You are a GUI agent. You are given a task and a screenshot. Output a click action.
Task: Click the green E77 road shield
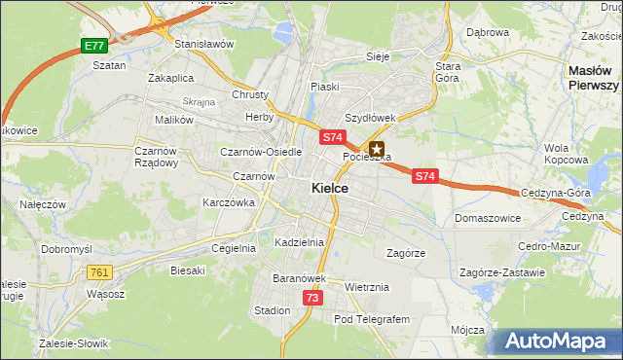pos(93,46)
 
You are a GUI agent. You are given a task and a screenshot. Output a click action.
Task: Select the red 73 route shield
pos(311,298)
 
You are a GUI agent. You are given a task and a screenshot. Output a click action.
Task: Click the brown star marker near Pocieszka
pos(377,150)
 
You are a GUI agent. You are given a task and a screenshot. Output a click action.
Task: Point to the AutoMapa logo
pos(558,341)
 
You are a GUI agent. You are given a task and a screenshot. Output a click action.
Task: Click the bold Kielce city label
pos(331,189)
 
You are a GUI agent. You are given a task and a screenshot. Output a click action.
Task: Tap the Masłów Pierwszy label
pos(595,78)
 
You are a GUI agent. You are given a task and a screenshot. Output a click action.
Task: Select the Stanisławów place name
pos(204,45)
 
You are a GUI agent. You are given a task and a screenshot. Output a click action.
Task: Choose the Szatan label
pos(109,65)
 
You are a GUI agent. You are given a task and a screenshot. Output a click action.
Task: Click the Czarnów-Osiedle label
pos(261,153)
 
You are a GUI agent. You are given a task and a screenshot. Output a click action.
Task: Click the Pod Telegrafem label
pos(373,319)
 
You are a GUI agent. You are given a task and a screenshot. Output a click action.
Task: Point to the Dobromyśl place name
pos(66,249)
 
